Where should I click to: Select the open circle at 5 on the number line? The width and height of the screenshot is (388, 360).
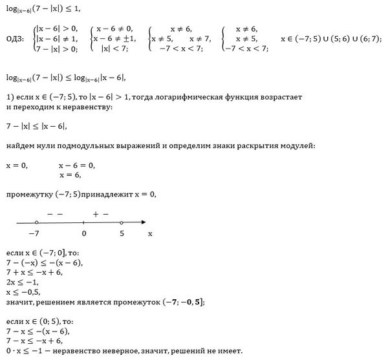point(122,222)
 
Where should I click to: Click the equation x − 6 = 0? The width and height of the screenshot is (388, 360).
point(77,165)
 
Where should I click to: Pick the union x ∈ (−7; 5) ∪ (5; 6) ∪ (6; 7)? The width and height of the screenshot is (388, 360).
point(330,39)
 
